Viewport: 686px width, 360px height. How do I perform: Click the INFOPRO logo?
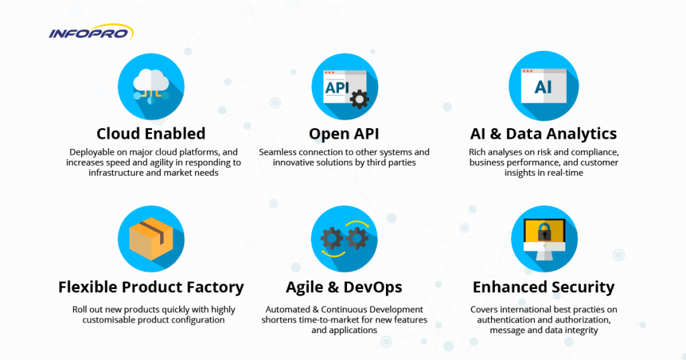point(91,32)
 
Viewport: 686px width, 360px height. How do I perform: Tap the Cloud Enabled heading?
point(151,133)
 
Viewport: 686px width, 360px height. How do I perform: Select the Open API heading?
point(344,133)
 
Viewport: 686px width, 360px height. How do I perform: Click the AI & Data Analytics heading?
point(543,133)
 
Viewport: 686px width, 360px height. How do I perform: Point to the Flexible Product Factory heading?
point(151,287)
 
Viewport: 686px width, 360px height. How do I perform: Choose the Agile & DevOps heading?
point(344,287)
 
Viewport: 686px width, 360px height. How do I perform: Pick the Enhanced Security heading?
point(543,287)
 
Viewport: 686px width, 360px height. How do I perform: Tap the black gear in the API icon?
point(360,100)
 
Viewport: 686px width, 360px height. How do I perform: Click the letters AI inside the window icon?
point(543,87)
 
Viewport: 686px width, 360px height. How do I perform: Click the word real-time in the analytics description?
point(566,172)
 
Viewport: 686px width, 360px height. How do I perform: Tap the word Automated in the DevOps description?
point(288,309)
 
